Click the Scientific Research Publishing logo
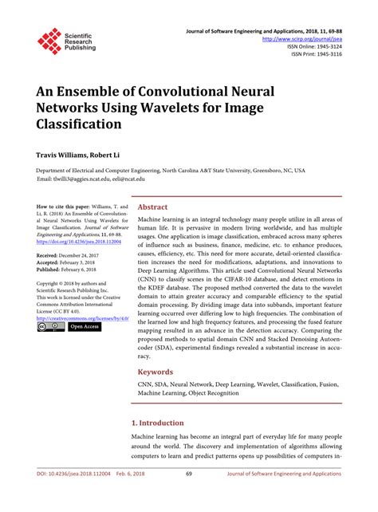65,40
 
